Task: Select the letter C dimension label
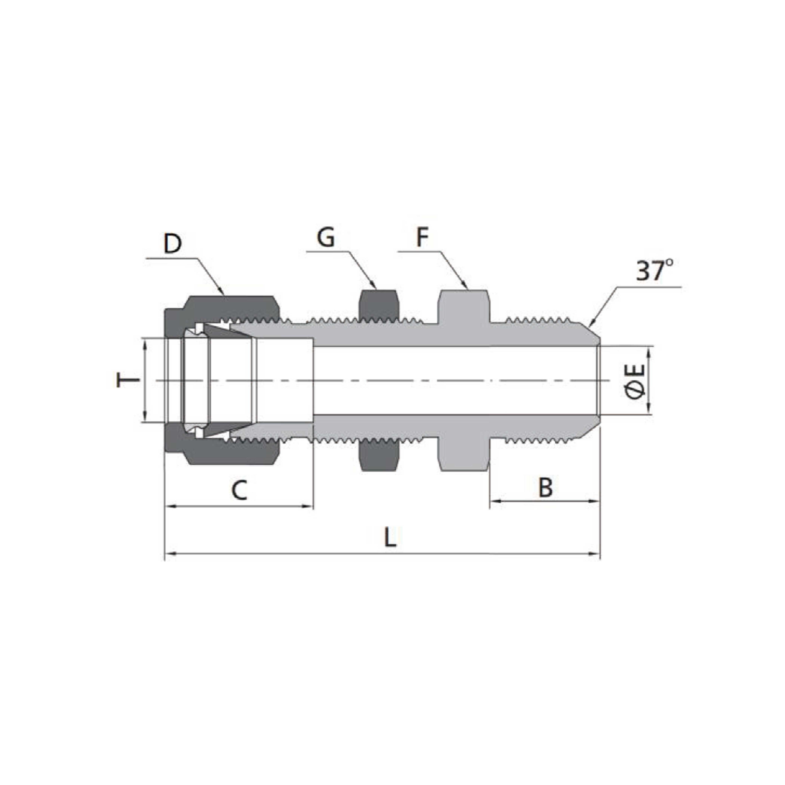pos(239,490)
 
